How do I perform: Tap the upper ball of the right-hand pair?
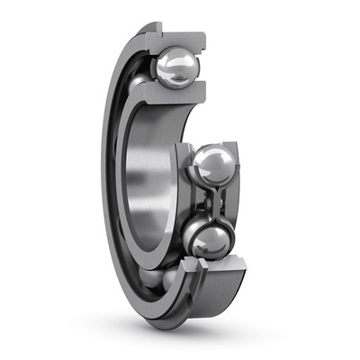click(214, 166)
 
